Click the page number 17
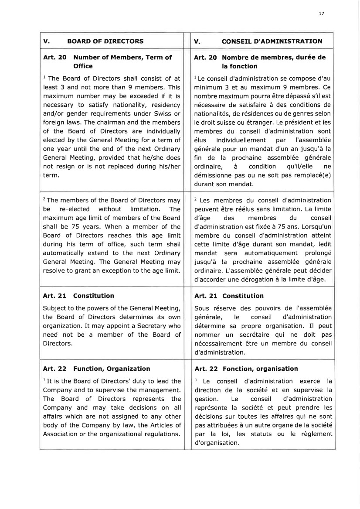point(321,14)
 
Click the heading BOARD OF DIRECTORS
point(105,41)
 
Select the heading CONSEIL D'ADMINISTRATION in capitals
point(272,41)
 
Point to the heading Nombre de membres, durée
point(274,57)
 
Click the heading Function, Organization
point(112,369)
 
